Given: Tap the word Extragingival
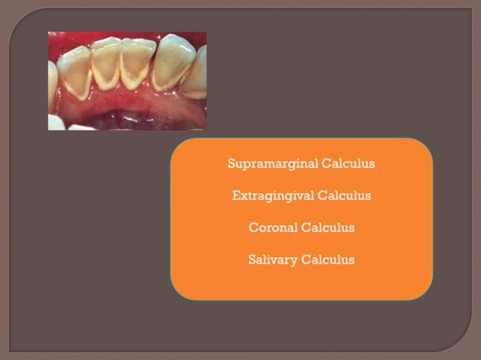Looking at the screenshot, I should click(x=272, y=196).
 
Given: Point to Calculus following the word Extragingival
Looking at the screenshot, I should click(x=345, y=196).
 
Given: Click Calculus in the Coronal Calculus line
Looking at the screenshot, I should click(x=329, y=227).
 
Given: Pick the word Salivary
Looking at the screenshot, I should click(x=272, y=260).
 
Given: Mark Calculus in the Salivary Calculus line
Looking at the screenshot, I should click(x=328, y=260).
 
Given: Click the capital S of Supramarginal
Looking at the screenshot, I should click(x=231, y=163).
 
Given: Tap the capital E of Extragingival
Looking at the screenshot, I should click(x=236, y=196).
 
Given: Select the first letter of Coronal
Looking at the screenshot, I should click(x=253, y=227).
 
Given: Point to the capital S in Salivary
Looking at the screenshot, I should click(x=252, y=260).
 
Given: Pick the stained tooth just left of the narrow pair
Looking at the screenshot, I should click(x=77, y=72).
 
